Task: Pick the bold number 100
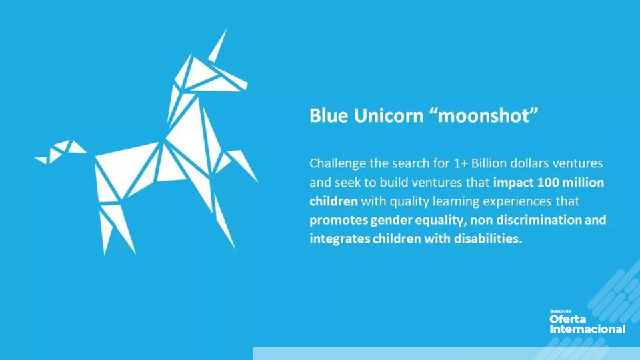[546, 182]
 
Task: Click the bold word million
[583, 182]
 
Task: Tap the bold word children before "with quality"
[333, 201]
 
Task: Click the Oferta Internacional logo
[587, 323]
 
